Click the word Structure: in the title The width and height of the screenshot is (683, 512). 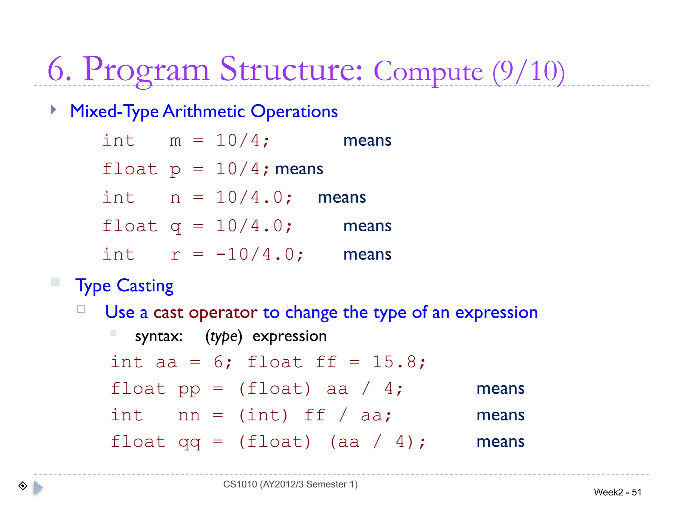[x=291, y=69]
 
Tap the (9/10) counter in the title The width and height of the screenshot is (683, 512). [x=528, y=71]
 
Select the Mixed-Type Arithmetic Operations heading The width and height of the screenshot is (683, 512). [x=204, y=111]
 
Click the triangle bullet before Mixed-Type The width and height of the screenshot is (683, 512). [x=53, y=109]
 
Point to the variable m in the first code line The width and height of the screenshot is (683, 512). [x=175, y=141]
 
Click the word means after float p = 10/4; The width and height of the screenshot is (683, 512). [x=299, y=169]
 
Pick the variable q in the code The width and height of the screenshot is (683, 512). [x=175, y=227]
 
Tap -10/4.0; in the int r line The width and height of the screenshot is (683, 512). [x=259, y=255]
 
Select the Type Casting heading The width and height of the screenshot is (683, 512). [x=124, y=286]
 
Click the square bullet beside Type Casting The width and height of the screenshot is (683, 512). [x=55, y=282]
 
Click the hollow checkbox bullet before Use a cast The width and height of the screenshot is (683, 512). [x=81, y=309]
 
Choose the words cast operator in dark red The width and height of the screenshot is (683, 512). [x=205, y=313]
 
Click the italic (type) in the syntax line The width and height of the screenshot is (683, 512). [x=223, y=336]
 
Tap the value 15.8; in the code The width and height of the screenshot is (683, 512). [x=399, y=362]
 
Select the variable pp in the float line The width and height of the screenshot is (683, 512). [x=189, y=389]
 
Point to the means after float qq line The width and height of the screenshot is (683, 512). [x=500, y=442]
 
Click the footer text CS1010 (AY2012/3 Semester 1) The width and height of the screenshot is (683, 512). [x=290, y=484]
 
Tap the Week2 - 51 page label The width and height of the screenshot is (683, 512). [x=617, y=492]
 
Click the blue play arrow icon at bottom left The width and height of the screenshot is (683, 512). [x=38, y=487]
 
